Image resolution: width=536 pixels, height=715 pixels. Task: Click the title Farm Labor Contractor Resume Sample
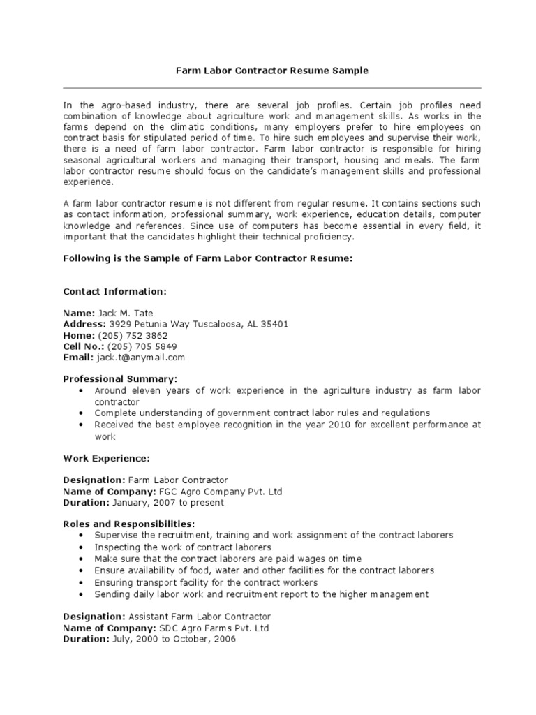[x=271, y=71]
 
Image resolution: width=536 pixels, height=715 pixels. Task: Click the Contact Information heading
[x=115, y=291]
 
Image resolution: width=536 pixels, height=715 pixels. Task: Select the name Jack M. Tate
[x=126, y=314]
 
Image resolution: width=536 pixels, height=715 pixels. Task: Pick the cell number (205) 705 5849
[x=142, y=346]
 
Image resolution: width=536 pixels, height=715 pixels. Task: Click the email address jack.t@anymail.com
[x=141, y=357]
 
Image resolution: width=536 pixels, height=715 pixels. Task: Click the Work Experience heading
[x=106, y=459]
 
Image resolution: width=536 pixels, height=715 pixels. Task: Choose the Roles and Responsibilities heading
[x=129, y=524]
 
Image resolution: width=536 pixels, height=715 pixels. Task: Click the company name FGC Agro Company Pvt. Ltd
[x=211, y=492]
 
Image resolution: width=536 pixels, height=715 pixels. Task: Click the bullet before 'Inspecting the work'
[x=82, y=548]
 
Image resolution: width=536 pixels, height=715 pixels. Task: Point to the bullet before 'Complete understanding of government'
[x=82, y=413]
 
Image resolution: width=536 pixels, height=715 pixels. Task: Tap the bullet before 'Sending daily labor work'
[x=82, y=595]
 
